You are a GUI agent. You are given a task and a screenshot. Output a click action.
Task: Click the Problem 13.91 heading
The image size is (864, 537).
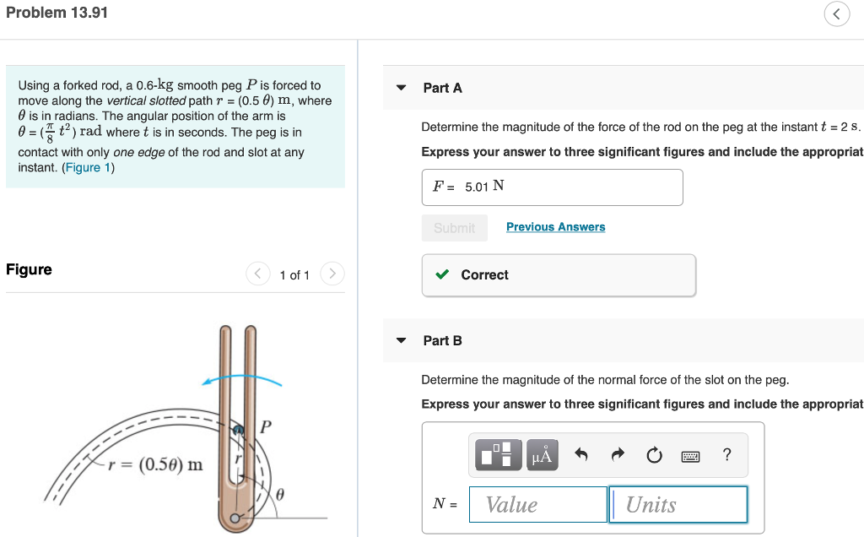click(57, 13)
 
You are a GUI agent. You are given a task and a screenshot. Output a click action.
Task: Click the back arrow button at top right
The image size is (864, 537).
click(836, 14)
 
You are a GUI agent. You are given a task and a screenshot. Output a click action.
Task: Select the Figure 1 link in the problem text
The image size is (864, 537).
click(88, 167)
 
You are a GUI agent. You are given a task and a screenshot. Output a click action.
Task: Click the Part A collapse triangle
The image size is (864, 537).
click(402, 88)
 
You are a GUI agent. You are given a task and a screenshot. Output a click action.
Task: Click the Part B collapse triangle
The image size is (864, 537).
click(402, 340)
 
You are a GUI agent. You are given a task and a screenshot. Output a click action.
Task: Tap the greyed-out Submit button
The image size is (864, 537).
click(454, 227)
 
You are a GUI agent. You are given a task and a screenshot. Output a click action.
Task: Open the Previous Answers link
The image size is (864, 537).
click(555, 227)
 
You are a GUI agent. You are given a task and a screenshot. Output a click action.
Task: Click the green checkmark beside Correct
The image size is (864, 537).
click(441, 275)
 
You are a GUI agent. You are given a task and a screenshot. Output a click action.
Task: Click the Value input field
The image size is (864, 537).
click(537, 504)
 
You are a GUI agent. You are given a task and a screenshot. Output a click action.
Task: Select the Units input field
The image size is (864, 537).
click(678, 504)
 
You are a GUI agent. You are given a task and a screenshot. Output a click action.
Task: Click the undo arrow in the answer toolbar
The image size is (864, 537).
click(580, 456)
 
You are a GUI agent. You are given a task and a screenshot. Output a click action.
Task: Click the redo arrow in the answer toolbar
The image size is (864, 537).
click(618, 456)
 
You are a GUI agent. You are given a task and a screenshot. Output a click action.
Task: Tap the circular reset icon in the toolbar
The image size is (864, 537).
click(654, 456)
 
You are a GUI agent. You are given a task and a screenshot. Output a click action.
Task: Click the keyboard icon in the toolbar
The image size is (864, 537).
click(690, 456)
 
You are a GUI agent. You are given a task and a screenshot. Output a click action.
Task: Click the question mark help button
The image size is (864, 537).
click(727, 456)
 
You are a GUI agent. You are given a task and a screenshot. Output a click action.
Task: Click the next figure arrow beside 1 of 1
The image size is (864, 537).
click(333, 274)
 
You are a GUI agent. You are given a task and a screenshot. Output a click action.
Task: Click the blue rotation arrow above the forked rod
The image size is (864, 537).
click(241, 378)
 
